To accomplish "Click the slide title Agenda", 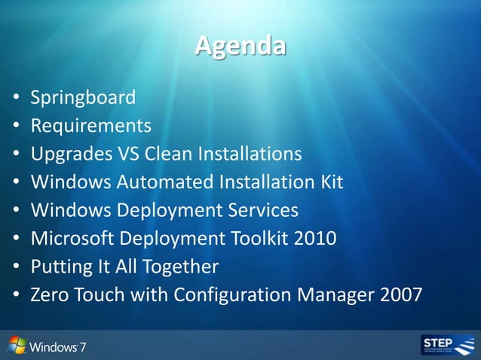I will [x=240, y=46].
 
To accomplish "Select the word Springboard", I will [x=83, y=97].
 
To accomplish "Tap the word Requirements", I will [x=90, y=125].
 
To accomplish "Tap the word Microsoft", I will [x=70, y=238].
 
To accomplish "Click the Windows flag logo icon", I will [x=17, y=346].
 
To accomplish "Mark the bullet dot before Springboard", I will [x=16, y=98].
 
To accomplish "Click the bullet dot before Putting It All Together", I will [x=16, y=267].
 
